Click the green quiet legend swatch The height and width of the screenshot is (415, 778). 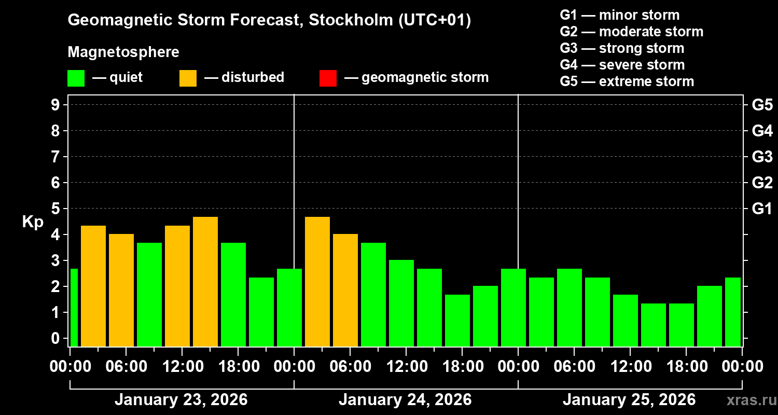76,78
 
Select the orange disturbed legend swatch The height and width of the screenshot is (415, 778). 188,78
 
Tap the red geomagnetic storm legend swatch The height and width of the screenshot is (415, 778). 328,78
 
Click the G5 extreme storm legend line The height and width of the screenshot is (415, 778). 627,81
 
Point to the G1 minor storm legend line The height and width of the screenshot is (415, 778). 619,15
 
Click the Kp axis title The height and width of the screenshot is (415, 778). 33,222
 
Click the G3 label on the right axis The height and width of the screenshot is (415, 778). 762,157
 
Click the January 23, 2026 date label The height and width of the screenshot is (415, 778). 181,400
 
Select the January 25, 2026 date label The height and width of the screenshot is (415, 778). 629,400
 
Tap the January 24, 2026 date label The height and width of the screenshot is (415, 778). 405,400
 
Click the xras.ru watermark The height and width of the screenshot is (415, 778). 748,400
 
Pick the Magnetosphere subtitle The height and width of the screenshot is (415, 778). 123,52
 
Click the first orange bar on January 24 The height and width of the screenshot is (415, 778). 317,281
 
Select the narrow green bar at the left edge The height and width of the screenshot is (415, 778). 74,307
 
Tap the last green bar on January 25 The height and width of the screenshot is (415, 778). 732,312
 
